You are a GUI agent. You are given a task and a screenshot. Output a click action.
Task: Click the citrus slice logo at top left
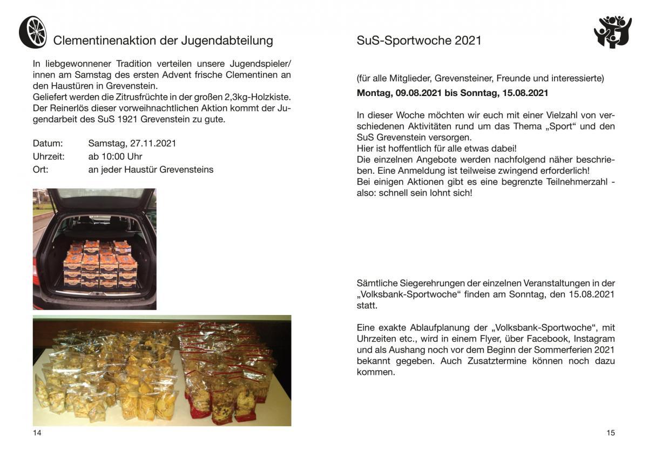point(32,32)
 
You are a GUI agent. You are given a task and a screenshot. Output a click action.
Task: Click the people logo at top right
point(612,32)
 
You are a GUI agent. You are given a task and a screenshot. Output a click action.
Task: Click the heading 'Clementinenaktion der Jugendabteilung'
point(163,40)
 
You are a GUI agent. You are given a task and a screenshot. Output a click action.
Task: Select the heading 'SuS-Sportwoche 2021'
point(419,40)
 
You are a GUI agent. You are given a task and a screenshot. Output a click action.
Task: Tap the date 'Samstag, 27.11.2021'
point(132,143)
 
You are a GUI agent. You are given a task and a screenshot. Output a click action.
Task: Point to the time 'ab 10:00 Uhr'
point(115,156)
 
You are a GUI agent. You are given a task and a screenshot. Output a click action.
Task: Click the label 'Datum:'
point(48,143)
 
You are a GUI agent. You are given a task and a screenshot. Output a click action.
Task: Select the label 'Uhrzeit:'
point(49,156)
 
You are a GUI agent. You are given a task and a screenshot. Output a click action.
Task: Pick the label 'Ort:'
point(40,169)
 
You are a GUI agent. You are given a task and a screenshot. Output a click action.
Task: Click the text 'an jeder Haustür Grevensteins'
point(151,169)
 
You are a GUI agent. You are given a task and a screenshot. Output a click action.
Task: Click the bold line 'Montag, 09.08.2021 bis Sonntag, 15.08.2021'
point(453,93)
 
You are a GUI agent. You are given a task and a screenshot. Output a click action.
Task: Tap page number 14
point(37,433)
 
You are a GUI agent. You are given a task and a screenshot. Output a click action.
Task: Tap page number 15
point(610,433)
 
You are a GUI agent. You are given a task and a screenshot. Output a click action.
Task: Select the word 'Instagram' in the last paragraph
point(594,339)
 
